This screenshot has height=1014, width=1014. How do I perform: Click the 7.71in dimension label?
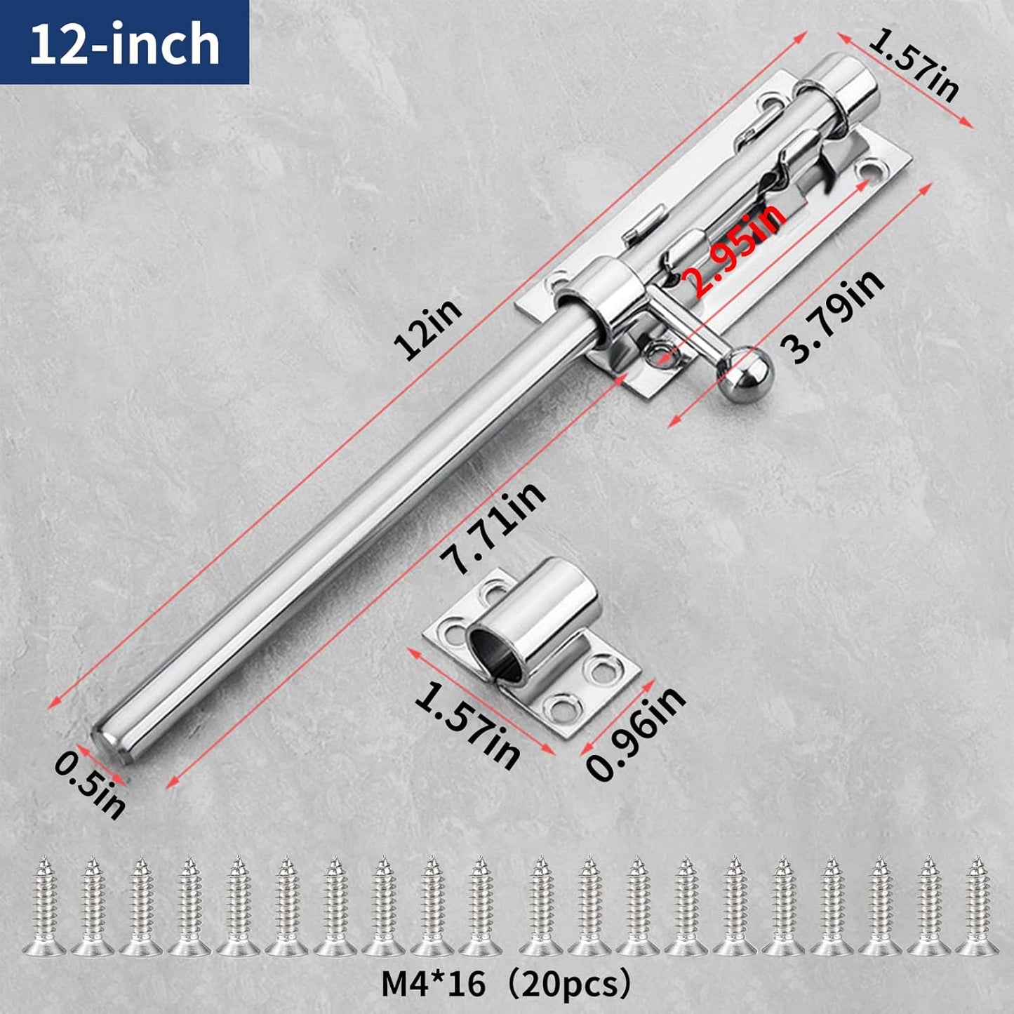pos(491,528)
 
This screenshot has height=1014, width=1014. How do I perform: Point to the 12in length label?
pos(427,329)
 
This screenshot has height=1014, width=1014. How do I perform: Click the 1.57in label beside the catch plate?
pos(467,726)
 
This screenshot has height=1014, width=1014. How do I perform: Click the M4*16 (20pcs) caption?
pos(506,984)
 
